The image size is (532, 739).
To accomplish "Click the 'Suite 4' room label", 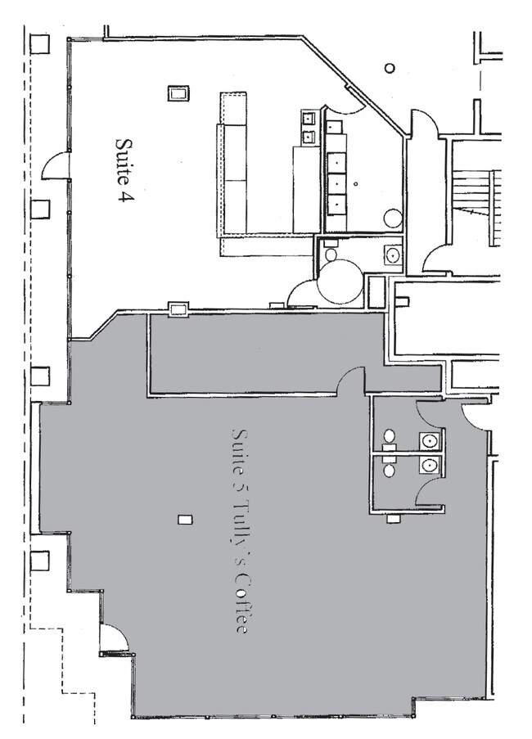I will [x=124, y=169].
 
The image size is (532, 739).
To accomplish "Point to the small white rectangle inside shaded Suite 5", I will [x=186, y=519].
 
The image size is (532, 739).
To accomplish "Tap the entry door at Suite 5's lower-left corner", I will [x=112, y=639].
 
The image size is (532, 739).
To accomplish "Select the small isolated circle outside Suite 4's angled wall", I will [x=390, y=68].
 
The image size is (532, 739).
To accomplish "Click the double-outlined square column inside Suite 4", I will [x=178, y=93].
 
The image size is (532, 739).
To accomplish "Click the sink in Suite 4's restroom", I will [x=394, y=255].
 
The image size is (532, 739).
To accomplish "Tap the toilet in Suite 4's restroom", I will [x=331, y=253].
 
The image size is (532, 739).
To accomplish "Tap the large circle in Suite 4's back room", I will [x=393, y=219].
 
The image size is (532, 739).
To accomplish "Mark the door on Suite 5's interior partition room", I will [x=353, y=380].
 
